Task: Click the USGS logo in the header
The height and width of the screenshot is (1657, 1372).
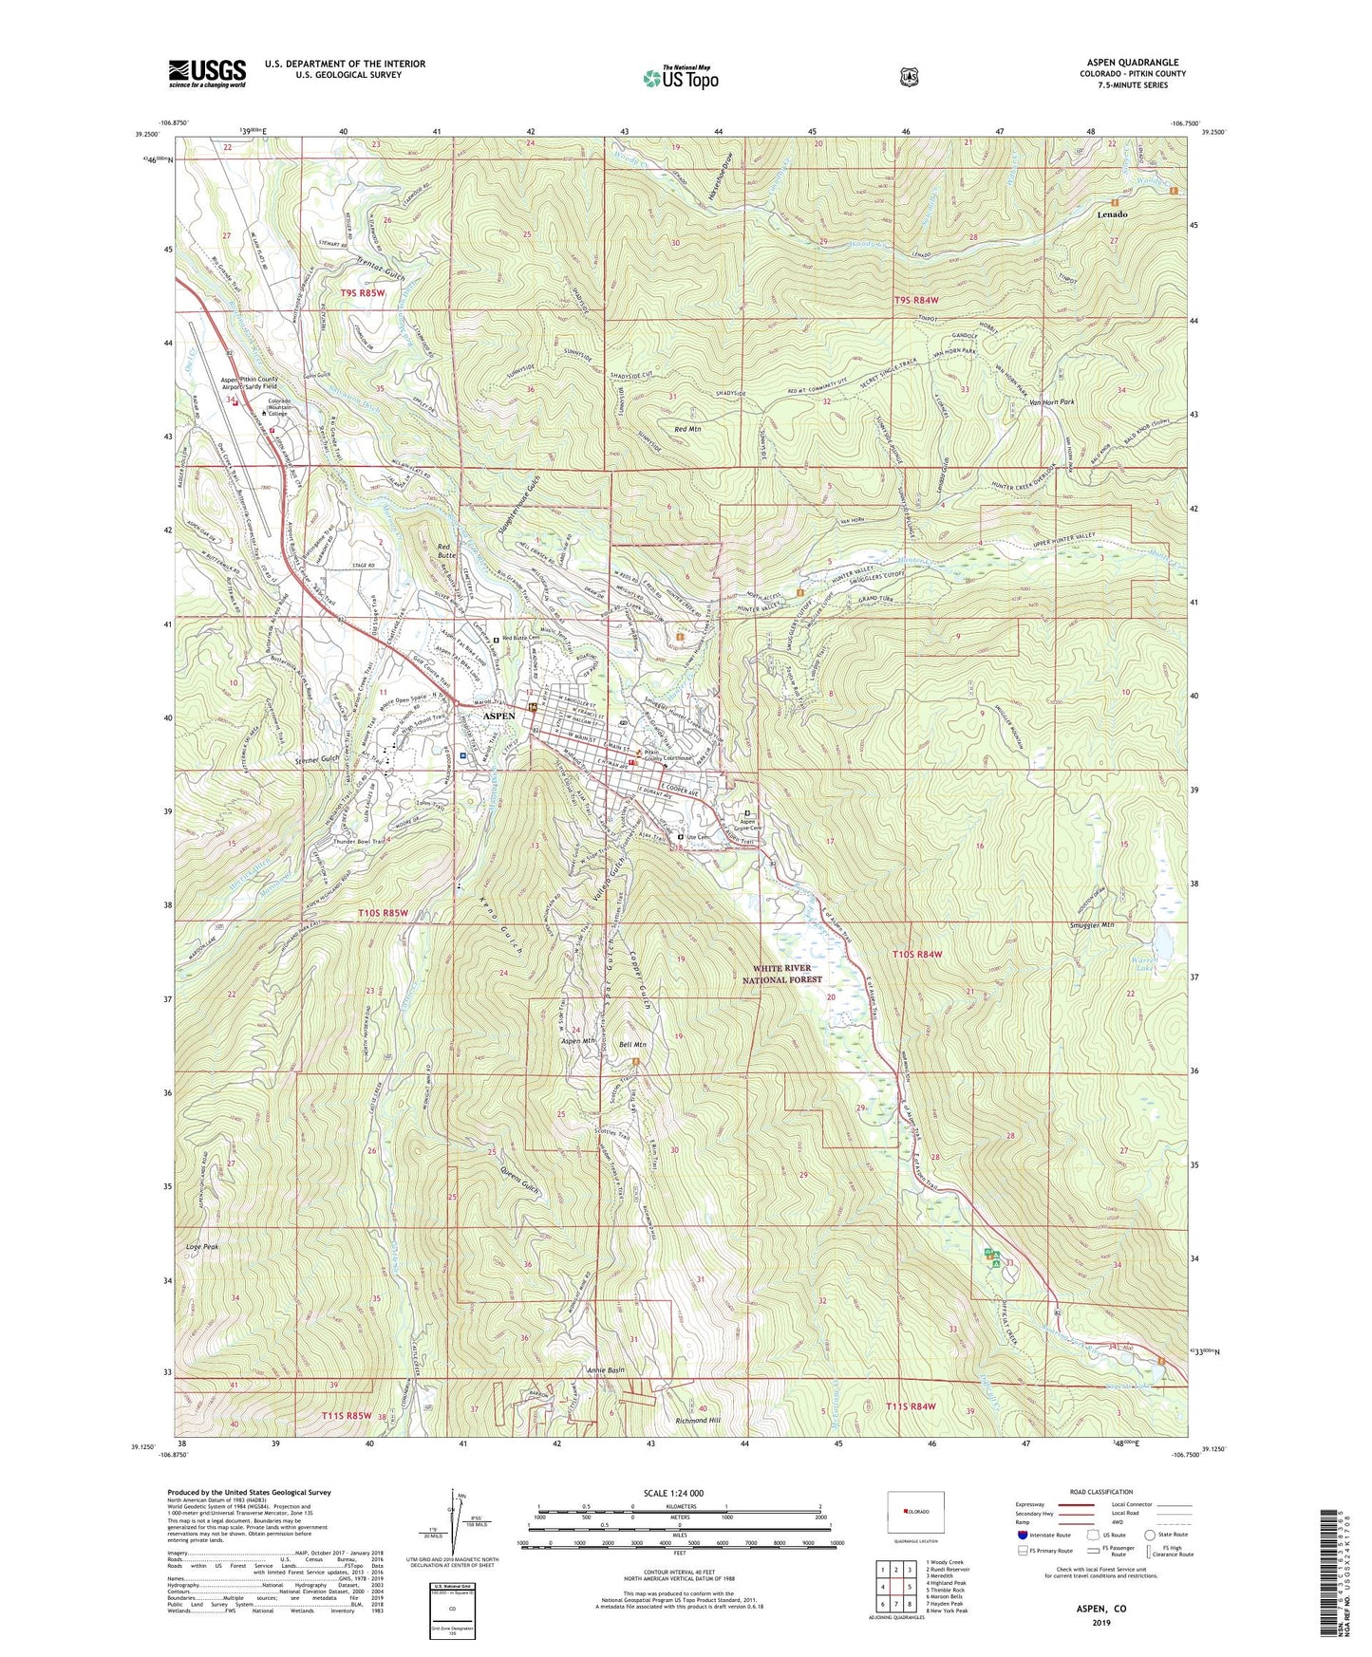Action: pyautogui.click(x=207, y=73)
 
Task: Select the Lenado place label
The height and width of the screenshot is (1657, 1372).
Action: pyautogui.click(x=1112, y=214)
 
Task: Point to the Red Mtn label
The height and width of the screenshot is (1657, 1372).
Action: pyautogui.click(x=686, y=430)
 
